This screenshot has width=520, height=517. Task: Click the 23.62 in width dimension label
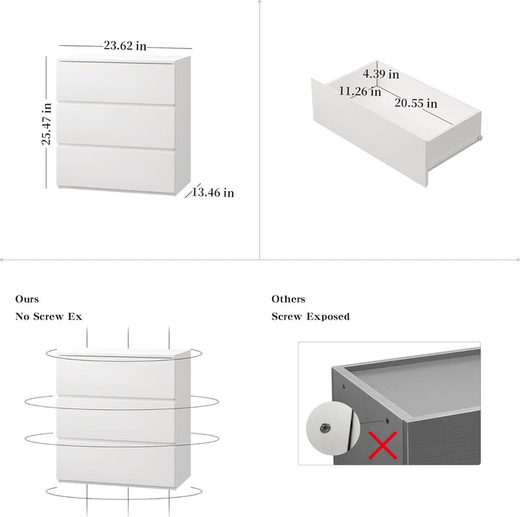125,46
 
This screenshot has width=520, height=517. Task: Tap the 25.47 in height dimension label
47,123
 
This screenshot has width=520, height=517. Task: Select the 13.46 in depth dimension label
213,192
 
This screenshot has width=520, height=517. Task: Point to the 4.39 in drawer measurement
380,74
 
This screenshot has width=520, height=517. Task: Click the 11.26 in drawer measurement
360,91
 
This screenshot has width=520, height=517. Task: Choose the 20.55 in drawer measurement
416,103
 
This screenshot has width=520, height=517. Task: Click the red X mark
383,445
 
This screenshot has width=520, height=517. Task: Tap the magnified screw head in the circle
325,428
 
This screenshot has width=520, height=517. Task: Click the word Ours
27,299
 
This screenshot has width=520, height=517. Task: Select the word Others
288,299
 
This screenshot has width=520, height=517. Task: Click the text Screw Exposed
310,316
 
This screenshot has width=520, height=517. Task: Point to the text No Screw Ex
49,316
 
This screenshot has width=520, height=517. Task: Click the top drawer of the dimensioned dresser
116,83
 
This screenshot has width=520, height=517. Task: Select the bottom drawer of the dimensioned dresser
116,169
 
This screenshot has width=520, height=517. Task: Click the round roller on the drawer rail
479,138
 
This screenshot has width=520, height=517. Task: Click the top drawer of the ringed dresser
116,377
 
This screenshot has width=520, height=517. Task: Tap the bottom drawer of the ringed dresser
116,463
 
